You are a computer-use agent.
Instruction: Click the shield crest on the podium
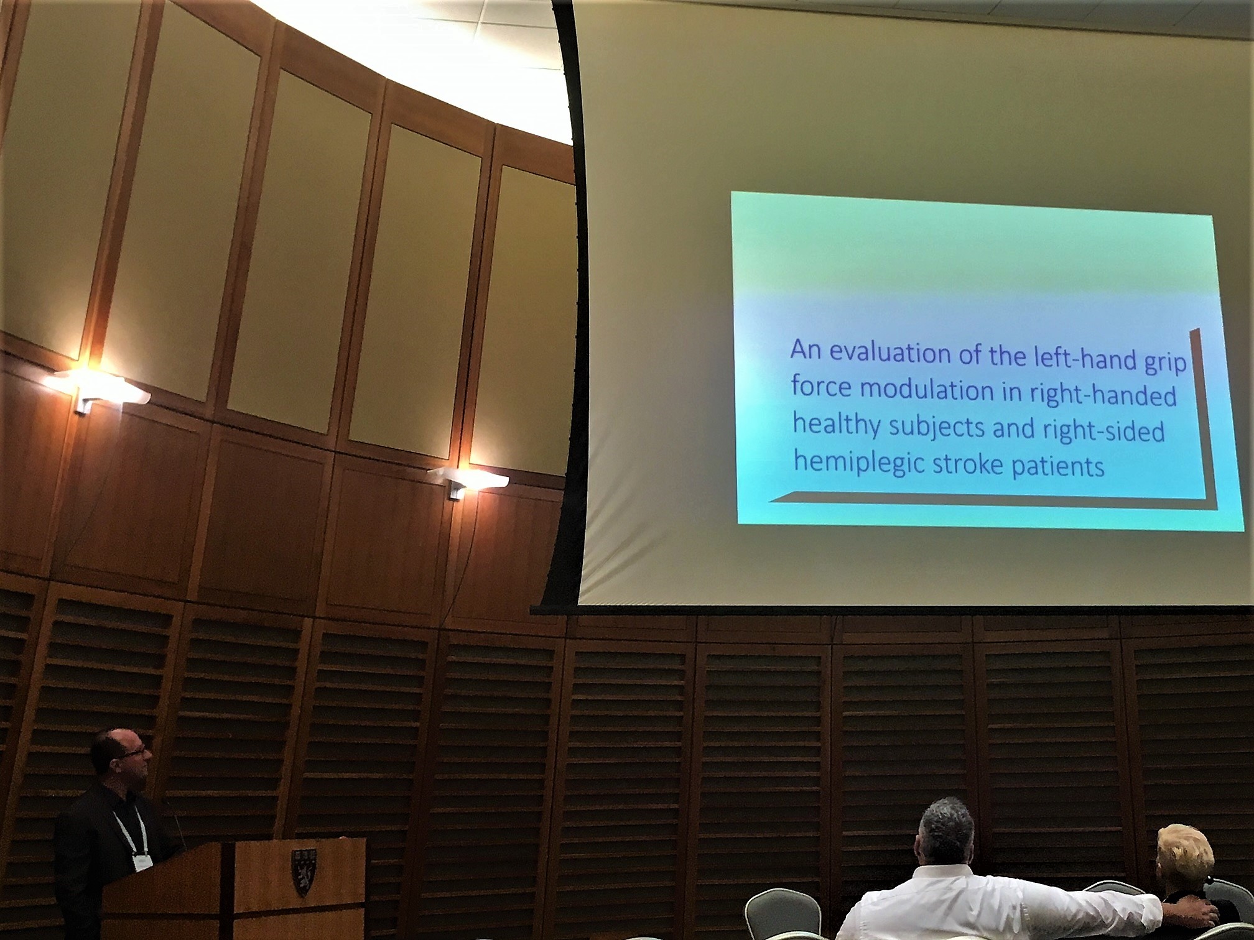303,872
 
